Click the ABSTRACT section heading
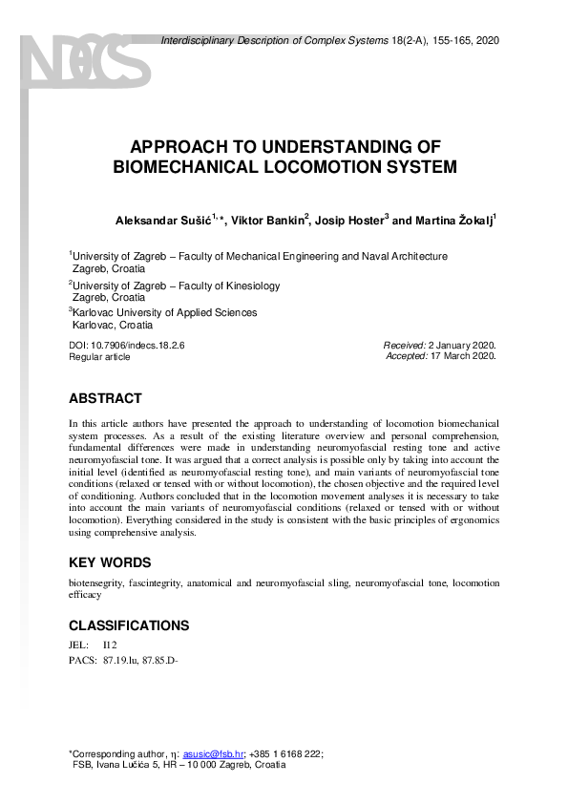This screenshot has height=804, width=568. tap(105, 398)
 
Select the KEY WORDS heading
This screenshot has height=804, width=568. tap(109, 562)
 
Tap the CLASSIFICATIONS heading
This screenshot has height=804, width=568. tap(129, 626)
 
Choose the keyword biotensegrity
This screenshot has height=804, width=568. tap(98, 582)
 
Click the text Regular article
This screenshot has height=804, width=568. tap(99, 356)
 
